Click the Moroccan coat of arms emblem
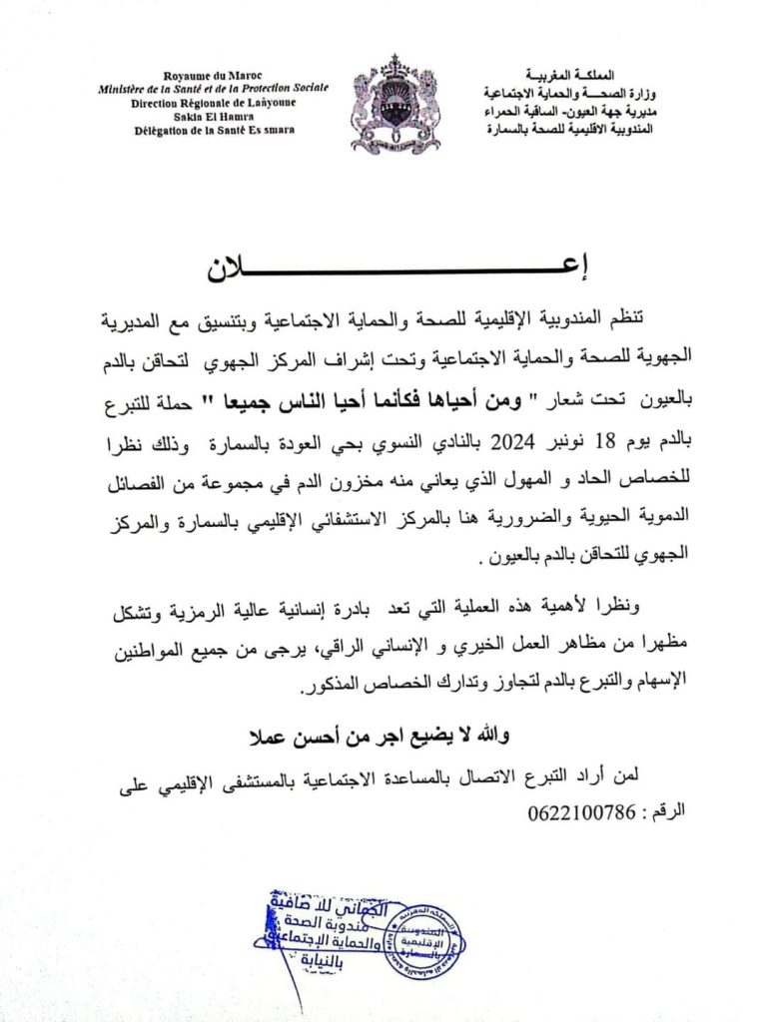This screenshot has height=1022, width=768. tap(394, 104)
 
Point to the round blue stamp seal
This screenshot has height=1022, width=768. tap(422, 941)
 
